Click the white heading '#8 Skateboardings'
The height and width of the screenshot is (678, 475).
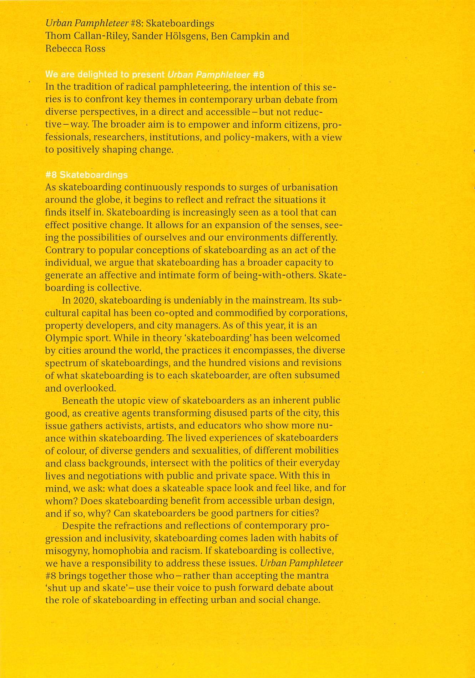coord(86,175)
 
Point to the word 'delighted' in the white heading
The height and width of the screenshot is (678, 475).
coord(98,75)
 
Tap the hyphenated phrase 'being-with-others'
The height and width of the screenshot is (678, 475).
coord(274,275)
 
